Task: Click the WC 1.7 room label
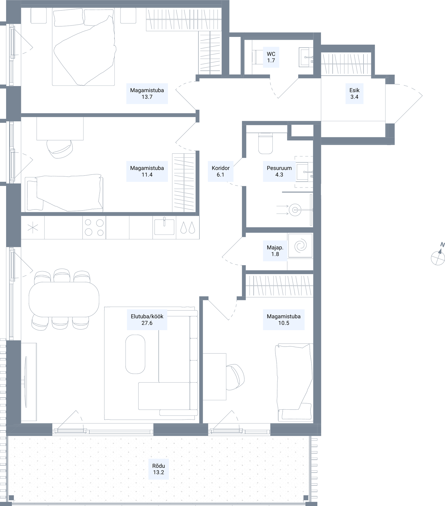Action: coord(271,57)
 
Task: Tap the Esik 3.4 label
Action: coord(354,93)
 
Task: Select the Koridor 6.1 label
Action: coord(220,171)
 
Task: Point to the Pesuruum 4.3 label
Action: coord(279,171)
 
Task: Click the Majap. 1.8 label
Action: coord(275,251)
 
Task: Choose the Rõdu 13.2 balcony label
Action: coord(158,469)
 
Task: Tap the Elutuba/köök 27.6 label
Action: coord(147,320)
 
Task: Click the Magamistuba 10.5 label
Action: coord(284,320)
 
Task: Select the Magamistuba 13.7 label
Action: coord(147,93)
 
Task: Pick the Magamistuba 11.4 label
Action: coord(147,171)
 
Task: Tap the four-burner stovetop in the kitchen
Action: coord(94,227)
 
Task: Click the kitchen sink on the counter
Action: coord(164,227)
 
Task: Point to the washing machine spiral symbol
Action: coord(300,245)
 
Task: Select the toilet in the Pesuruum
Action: coord(266,143)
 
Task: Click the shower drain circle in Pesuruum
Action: coord(295,210)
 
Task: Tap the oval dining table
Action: coord(64,299)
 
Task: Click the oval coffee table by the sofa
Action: coord(135,354)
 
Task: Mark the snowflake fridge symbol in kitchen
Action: coord(33,228)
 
